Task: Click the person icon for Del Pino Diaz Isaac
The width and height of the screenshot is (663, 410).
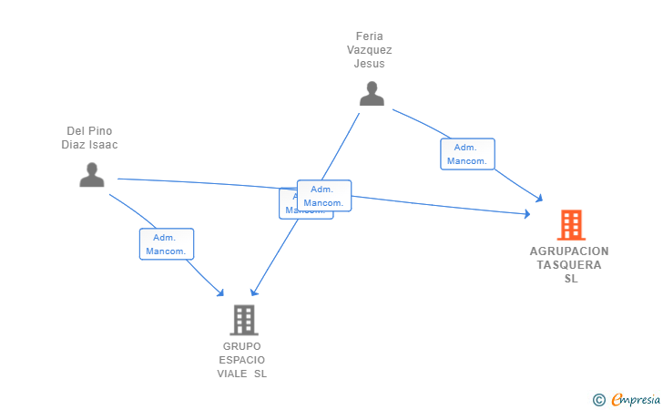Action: pos(92,174)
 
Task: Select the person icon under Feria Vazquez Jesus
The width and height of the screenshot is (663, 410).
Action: pos(372,94)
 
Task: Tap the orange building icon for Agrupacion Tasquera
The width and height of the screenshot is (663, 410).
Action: pos(571,225)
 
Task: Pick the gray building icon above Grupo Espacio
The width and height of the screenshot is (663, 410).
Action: pos(243,320)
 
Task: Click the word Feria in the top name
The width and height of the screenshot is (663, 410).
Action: pos(371,36)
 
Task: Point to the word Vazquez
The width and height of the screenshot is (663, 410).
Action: pos(371,50)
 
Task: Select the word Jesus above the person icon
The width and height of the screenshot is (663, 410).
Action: pos(370,64)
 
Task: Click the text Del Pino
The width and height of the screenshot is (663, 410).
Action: pos(89,131)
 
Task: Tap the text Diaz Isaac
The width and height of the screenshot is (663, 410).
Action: pos(89,144)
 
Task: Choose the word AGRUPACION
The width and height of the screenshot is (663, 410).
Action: pos(569,251)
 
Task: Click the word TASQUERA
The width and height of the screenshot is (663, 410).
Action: pos(569,265)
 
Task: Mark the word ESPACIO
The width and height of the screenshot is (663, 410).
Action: pos(242,360)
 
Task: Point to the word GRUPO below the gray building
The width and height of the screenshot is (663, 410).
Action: pos(241,346)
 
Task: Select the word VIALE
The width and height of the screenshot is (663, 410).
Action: pos(231,374)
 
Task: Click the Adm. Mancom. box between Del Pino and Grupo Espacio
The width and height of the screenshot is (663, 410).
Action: pos(167,244)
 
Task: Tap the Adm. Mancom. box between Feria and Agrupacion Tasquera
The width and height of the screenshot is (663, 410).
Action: pos(467,154)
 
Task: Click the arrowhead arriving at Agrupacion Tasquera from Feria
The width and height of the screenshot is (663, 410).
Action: pos(539,198)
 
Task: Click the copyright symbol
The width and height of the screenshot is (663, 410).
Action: pos(598,399)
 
